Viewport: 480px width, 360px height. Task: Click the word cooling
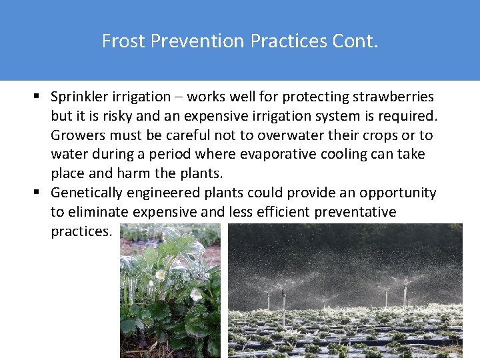pyautogui.click(x=355, y=155)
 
